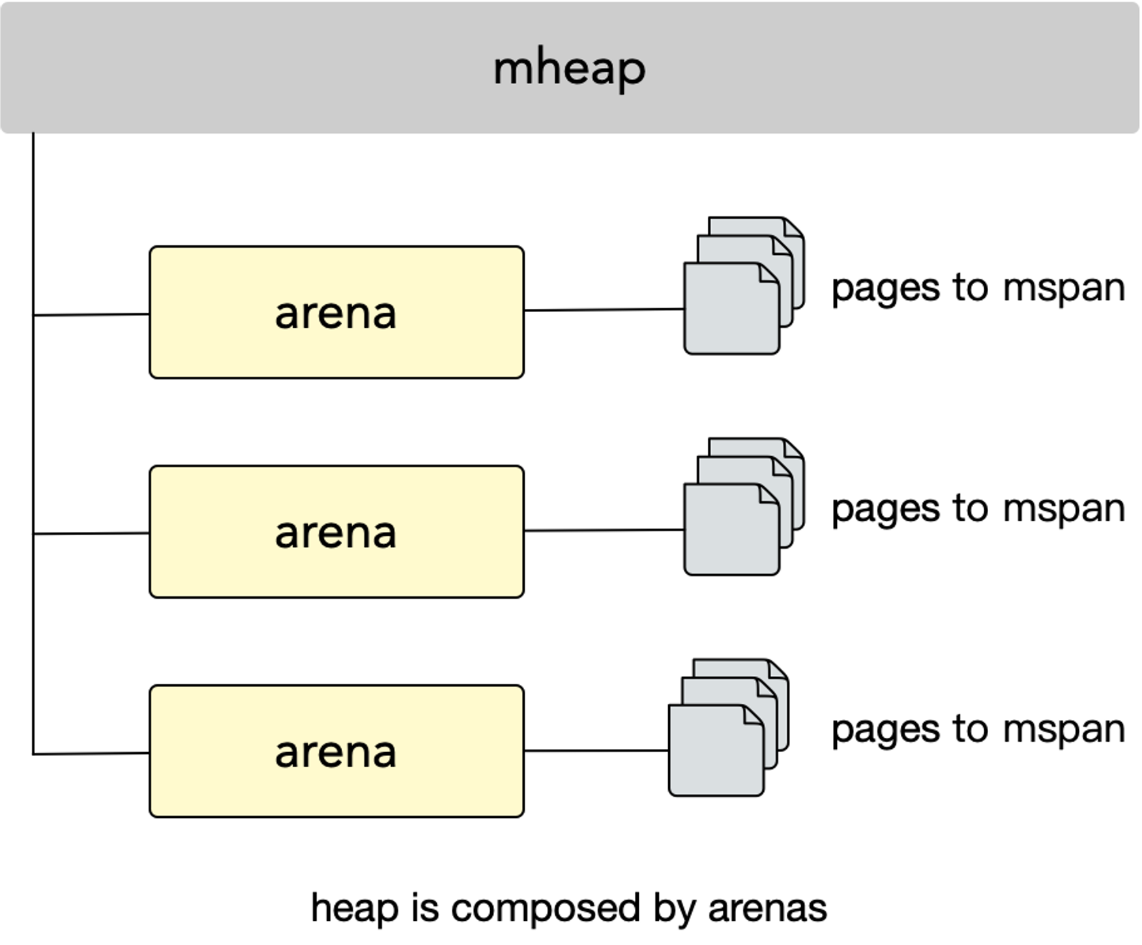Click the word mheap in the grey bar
pos(570,69)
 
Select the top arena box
pos(336,312)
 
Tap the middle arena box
pos(336,532)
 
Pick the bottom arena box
pos(336,751)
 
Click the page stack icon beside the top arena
pos(744,285)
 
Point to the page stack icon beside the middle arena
pos(744,506)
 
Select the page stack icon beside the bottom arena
pos(729,727)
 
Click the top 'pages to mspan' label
pos(978,288)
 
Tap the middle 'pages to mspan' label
pos(978,508)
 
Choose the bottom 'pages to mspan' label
pos(978,729)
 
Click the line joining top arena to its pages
pos(604,310)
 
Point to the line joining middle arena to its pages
pos(604,531)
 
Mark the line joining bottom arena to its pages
pos(596,751)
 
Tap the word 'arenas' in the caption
pos(767,909)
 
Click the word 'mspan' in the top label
pos(1064,288)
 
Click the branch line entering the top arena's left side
pos(91,315)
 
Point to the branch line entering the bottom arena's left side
pos(91,754)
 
